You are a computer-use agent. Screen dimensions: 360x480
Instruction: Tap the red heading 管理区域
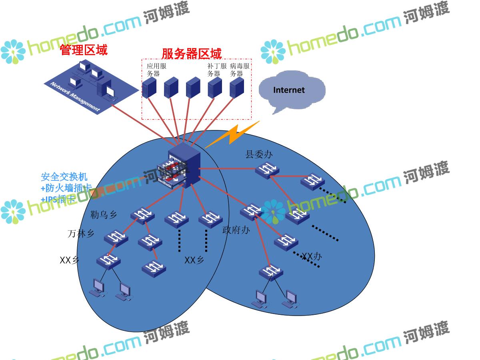pyautogui.click(x=84, y=50)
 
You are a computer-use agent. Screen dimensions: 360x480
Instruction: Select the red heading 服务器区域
pyautogui.click(x=191, y=54)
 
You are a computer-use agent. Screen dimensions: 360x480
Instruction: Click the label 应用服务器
pyautogui.click(x=156, y=70)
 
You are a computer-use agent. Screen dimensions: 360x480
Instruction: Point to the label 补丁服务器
pyautogui.click(x=217, y=70)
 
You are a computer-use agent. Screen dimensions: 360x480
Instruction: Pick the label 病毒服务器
pyautogui.click(x=240, y=70)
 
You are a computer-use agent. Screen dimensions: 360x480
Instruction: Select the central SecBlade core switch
pyautogui.click(x=184, y=166)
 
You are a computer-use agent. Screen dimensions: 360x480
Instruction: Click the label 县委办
pyautogui.click(x=259, y=154)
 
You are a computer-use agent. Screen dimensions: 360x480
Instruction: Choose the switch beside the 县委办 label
pyautogui.click(x=267, y=170)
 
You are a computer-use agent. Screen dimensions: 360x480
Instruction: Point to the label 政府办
pyautogui.click(x=236, y=230)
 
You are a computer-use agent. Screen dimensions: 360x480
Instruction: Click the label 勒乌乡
pyautogui.click(x=104, y=215)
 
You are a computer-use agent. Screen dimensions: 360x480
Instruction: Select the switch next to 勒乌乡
pyautogui.click(x=142, y=215)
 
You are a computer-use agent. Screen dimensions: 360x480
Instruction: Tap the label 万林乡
pyautogui.click(x=81, y=234)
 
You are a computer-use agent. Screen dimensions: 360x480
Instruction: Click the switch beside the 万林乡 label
pyautogui.click(x=116, y=238)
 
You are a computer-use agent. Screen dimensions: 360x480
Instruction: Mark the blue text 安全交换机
pyautogui.click(x=64, y=176)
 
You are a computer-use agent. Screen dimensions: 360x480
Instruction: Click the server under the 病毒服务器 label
pyautogui.click(x=237, y=88)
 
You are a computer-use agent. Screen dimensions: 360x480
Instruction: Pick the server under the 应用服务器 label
pyautogui.click(x=149, y=88)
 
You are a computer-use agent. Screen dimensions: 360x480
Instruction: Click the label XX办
pyautogui.click(x=311, y=256)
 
